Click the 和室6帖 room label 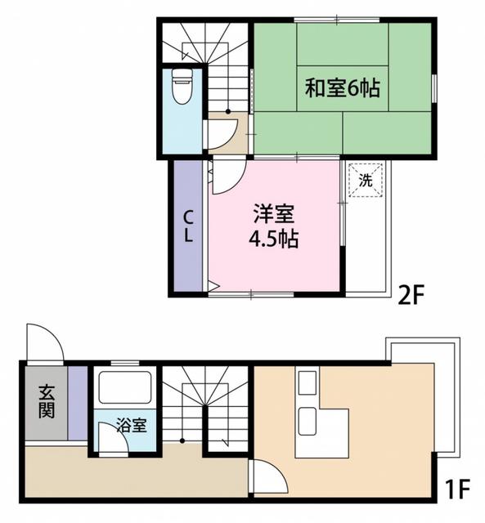[x=343, y=87]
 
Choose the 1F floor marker [x=459, y=490]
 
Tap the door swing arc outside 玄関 [x=45, y=339]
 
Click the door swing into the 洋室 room [x=227, y=176]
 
